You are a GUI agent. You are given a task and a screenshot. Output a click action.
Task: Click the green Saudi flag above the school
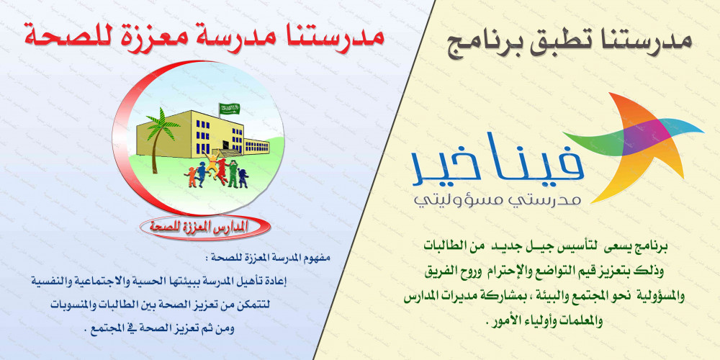click(230, 109)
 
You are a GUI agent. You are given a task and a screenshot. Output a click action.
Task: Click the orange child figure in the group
click(190, 177)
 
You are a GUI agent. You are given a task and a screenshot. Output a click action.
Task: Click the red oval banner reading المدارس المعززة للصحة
click(203, 226)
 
